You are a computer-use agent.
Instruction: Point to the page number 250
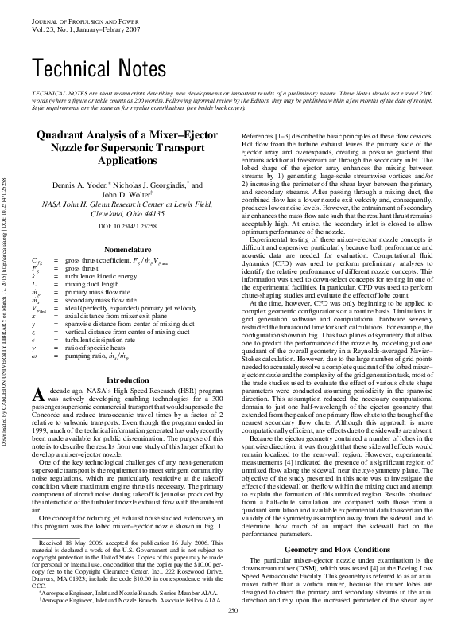click(233, 610)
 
